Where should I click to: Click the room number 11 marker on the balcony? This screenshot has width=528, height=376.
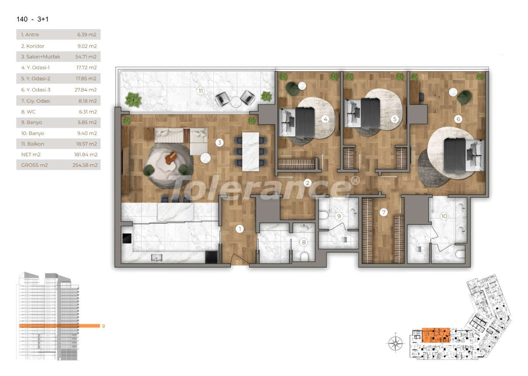[x=201, y=92]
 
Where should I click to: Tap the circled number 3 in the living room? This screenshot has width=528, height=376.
[x=219, y=142]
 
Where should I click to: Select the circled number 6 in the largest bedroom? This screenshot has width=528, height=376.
[x=458, y=119]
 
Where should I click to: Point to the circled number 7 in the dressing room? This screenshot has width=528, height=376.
[x=384, y=212]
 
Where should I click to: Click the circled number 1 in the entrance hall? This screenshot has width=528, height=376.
[x=240, y=229]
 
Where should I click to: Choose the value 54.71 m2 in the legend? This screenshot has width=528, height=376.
[x=86, y=57]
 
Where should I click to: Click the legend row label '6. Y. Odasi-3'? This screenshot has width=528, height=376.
[x=36, y=89]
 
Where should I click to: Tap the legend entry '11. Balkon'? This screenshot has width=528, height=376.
[x=33, y=144]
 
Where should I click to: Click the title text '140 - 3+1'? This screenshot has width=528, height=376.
[x=35, y=19]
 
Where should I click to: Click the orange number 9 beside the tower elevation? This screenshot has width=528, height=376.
[x=103, y=326]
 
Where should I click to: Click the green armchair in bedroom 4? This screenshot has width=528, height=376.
[x=293, y=88]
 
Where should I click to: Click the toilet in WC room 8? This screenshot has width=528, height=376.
[x=303, y=255]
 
